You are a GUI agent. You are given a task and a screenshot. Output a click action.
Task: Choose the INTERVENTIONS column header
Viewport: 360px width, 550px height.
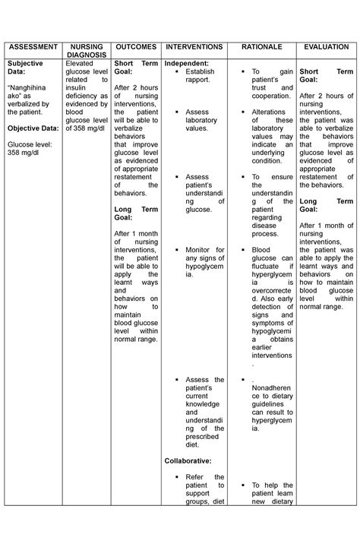point(194,46)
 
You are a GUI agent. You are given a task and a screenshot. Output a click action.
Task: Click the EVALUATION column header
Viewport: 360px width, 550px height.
point(326,46)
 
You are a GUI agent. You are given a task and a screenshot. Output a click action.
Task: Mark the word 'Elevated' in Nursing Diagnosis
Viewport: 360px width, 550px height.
point(81,63)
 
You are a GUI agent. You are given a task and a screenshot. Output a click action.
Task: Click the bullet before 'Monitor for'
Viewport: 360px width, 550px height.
point(175,250)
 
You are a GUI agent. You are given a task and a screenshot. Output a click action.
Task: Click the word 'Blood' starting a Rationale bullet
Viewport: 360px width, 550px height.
point(261,250)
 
